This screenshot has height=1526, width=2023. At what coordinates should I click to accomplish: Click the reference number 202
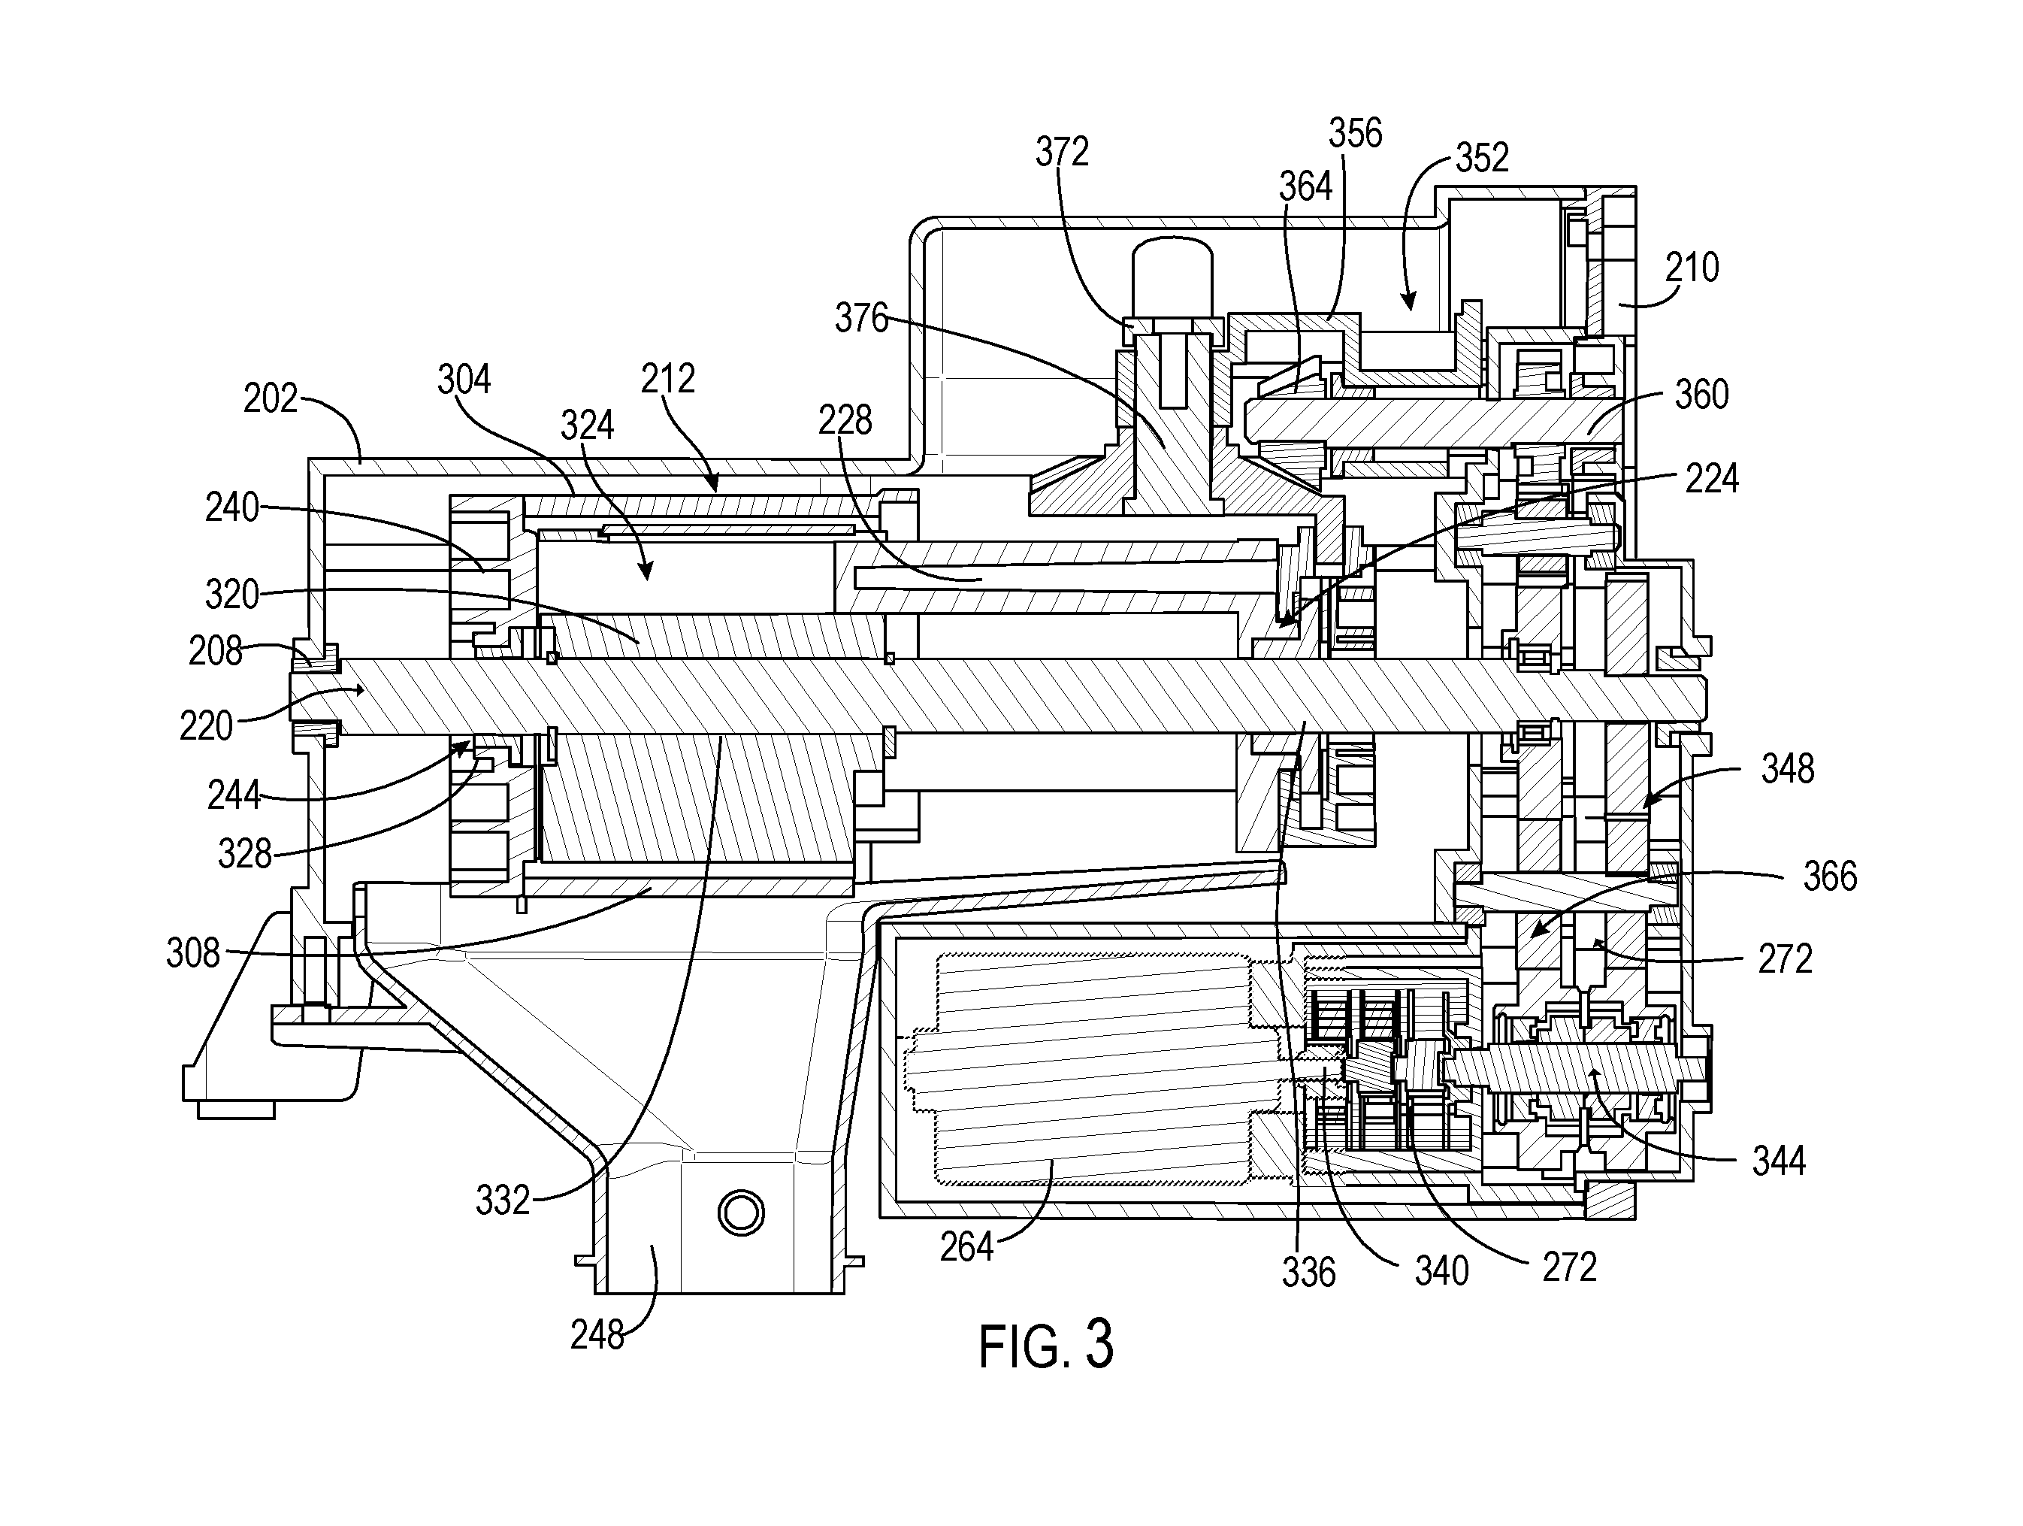click(x=271, y=399)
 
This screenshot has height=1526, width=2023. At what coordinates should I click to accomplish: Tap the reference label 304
click(x=464, y=379)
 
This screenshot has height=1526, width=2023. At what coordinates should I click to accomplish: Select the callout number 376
click(x=861, y=319)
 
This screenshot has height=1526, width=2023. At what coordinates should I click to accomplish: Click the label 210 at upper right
click(x=1692, y=268)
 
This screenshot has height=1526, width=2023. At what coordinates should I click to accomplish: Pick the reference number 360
click(x=1702, y=395)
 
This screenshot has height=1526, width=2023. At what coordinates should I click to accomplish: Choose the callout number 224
click(x=1711, y=479)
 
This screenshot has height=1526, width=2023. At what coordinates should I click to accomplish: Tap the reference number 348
click(x=1788, y=770)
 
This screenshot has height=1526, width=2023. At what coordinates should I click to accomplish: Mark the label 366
click(x=1830, y=877)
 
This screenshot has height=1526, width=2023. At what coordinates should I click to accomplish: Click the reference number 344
click(x=1779, y=1161)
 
